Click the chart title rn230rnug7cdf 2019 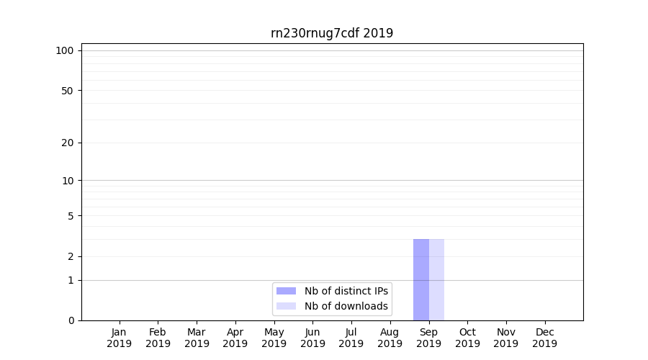point(332,33)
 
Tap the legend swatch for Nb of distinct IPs point(286,291)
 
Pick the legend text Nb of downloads point(346,306)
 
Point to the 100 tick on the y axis point(65,50)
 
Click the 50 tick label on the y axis point(68,91)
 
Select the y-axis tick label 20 point(68,143)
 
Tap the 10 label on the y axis point(68,181)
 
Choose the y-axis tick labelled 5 point(71,216)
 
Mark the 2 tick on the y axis point(71,256)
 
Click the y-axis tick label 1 point(71,280)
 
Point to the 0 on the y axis point(71,320)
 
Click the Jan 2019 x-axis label point(120,338)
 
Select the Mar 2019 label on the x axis point(197,338)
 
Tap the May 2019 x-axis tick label point(274,338)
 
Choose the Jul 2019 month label point(351,338)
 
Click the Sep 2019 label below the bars point(428,338)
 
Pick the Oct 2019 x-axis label point(467,338)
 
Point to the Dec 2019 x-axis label point(544,338)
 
